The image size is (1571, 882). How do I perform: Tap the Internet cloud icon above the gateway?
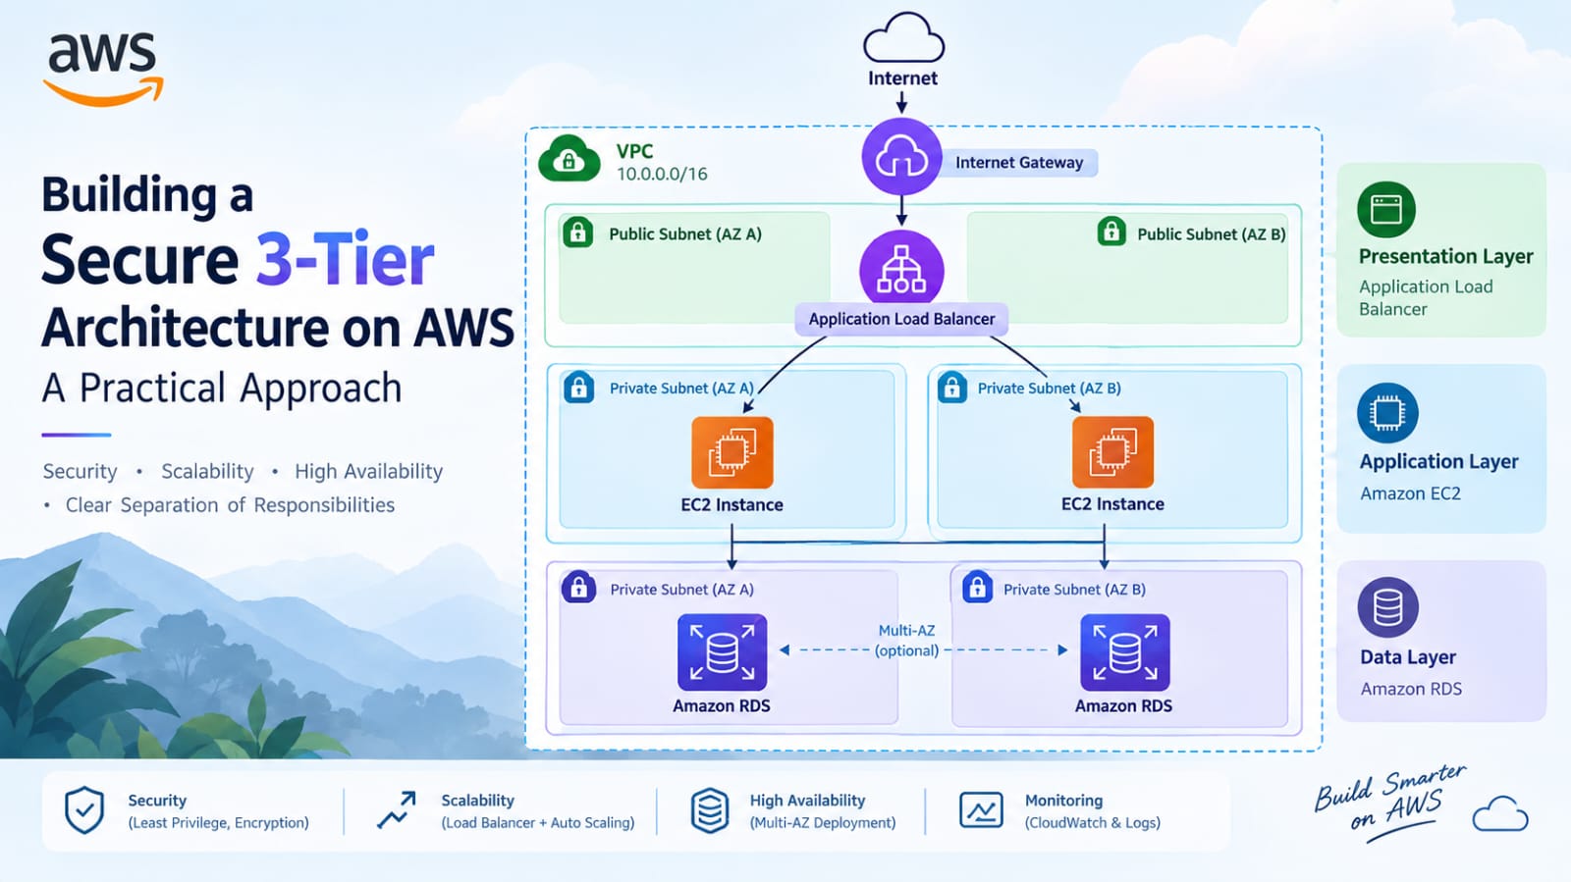pos(903,38)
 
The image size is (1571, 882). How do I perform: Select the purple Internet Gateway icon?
pos(902,157)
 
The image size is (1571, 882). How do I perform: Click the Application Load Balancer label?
pos(901,320)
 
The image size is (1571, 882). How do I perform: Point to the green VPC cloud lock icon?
pos(569,159)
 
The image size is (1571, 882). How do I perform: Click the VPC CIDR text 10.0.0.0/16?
pos(662,175)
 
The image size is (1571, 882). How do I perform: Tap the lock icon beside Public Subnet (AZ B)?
pos(1111,232)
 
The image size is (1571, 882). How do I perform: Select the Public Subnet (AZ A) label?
pos(685,233)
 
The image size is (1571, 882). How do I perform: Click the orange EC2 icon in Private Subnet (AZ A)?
pos(732,452)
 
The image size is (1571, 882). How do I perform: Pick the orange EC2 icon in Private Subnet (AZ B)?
pos(1113,452)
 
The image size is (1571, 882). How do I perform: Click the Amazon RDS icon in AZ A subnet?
pos(723,652)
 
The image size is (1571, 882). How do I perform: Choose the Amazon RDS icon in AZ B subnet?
pos(1125,652)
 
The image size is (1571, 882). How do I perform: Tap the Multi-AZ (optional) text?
pos(907,641)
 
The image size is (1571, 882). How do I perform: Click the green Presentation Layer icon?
pos(1386,210)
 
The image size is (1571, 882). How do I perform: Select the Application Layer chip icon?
pos(1387,413)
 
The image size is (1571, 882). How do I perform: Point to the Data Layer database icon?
pos(1388,607)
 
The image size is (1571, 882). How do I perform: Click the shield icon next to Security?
pos(84,809)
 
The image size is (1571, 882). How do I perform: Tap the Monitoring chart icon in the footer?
pos(981,809)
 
